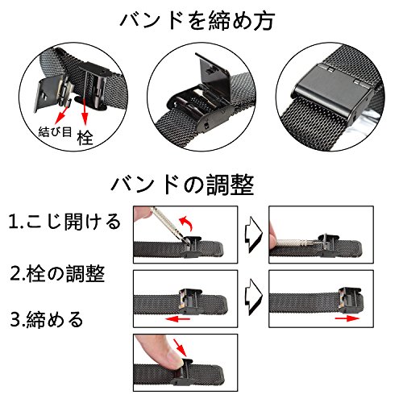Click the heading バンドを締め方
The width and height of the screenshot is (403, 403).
[197, 21]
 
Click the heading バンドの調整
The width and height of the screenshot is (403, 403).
[182, 185]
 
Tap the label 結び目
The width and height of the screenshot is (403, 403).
[55, 131]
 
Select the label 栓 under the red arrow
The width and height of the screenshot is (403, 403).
[85, 138]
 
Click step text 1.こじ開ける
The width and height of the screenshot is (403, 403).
[64, 222]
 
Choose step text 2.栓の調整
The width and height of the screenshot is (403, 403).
[57, 274]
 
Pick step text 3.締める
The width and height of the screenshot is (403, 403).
[47, 319]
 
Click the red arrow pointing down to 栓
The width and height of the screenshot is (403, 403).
[85, 112]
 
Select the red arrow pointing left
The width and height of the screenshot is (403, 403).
[177, 319]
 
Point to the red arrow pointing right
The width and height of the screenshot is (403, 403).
[347, 318]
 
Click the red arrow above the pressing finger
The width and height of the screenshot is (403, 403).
[180, 347]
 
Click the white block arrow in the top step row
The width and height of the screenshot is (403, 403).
[253, 235]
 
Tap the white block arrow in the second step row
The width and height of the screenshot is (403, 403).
[253, 297]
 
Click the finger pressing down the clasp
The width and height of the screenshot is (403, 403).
[159, 353]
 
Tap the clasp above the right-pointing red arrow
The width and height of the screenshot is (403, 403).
[349, 301]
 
